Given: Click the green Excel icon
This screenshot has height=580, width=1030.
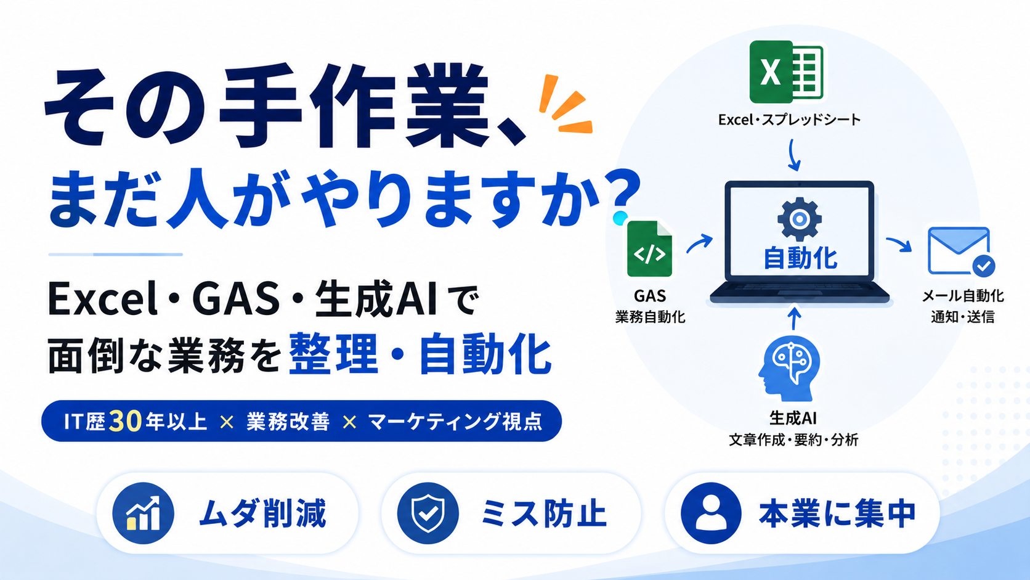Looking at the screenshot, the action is [786, 71].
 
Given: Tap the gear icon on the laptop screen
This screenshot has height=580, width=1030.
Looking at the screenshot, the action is [799, 219].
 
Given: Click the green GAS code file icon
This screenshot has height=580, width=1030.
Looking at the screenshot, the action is [649, 249].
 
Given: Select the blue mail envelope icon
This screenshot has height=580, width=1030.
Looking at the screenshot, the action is [959, 251].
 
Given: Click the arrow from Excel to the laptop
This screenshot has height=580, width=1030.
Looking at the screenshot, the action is [793, 155].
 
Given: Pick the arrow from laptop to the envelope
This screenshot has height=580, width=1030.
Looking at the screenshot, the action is [899, 244].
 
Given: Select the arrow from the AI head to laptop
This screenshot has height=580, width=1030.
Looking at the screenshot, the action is [794, 318].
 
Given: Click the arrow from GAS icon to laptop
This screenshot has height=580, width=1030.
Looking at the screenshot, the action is [699, 243].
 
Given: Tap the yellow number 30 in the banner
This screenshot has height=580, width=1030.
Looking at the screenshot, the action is [125, 422].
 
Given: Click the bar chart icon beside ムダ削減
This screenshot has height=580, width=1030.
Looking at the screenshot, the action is [143, 513].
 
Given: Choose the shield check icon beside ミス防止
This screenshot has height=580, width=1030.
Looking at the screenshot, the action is [428, 513].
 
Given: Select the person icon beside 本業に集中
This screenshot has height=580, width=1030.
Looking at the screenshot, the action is [711, 513].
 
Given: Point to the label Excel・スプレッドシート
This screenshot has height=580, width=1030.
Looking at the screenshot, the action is [789, 120].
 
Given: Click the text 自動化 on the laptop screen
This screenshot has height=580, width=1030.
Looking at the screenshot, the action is [800, 258].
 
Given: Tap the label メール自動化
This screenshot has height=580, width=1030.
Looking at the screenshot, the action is [962, 296].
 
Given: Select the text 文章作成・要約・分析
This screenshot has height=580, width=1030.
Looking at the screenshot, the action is [793, 440].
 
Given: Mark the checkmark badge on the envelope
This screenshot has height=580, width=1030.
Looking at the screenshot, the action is [984, 266].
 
